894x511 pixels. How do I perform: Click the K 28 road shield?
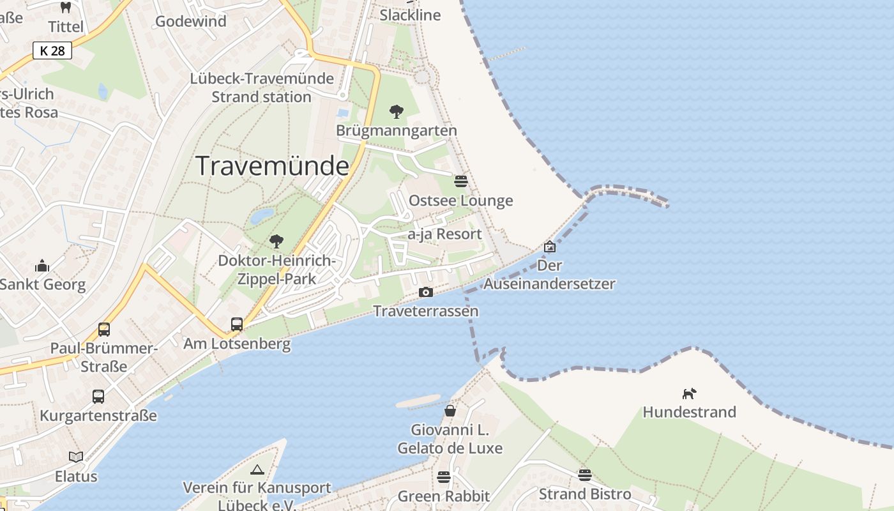pyautogui.click(x=52, y=50)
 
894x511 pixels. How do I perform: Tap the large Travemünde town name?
pyautogui.click(x=273, y=166)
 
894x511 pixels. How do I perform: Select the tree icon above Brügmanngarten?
pyautogui.click(x=397, y=112)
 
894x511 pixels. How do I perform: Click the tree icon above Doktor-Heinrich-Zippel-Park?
pyautogui.click(x=277, y=241)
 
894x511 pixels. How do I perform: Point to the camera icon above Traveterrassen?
pyautogui.click(x=426, y=293)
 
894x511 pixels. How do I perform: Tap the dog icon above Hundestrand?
pyautogui.click(x=689, y=393)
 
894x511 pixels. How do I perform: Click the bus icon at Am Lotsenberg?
pyautogui.click(x=237, y=324)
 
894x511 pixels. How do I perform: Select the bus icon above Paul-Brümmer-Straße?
pyautogui.click(x=104, y=329)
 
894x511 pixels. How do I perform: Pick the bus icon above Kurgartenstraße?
pyautogui.click(x=98, y=396)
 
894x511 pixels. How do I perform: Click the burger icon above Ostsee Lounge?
pyautogui.click(x=461, y=181)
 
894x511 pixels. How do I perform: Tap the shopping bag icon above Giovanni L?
pyautogui.click(x=450, y=410)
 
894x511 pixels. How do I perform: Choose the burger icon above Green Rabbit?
pyautogui.click(x=444, y=477)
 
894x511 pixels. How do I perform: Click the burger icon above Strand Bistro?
pyautogui.click(x=585, y=475)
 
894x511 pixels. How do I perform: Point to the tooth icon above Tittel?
pyautogui.click(x=65, y=8)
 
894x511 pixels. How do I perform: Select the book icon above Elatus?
pyautogui.click(x=76, y=457)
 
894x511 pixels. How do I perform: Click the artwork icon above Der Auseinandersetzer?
pyautogui.click(x=549, y=247)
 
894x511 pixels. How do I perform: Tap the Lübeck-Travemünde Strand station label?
pyautogui.click(x=262, y=88)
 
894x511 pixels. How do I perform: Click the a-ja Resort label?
pyautogui.click(x=445, y=234)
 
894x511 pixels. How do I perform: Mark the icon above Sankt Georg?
pyautogui.click(x=42, y=265)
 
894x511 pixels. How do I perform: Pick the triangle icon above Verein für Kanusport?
pyautogui.click(x=257, y=470)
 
